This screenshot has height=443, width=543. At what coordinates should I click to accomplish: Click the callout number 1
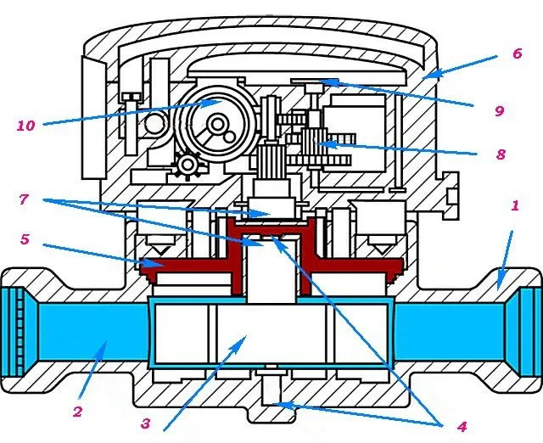pos(515,205)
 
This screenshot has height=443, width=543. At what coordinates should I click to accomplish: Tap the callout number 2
pos(77,412)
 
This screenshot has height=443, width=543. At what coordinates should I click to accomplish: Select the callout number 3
pos(146,423)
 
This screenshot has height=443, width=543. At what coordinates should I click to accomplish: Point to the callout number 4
pos(462,427)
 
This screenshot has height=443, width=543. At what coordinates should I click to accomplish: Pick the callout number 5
pos(25,239)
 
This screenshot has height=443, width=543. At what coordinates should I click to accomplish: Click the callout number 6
pos(517,53)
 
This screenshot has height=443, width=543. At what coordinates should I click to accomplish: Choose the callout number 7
pos(24,199)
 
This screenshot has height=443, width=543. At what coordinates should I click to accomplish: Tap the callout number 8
pos(501,154)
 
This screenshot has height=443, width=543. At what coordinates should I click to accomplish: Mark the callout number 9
pos(499,111)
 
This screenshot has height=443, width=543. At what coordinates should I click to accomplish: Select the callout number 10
pos(26,126)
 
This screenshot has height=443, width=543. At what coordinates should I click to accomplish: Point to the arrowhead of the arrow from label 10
pos(214,102)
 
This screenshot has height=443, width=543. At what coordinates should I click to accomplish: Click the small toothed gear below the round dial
pos(188,165)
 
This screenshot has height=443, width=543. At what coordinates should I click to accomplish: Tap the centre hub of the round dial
pos(217,124)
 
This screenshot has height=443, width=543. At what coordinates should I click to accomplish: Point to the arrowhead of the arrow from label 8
pos(329,143)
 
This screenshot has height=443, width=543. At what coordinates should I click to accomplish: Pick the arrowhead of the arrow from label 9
pos(331,82)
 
